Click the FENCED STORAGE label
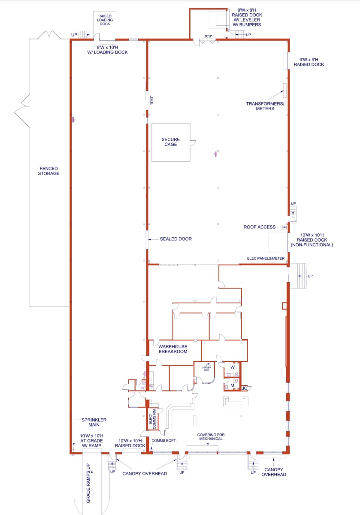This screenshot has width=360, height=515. point(49,171)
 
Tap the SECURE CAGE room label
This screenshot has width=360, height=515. point(171,142)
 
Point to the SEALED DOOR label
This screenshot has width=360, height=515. point(176,239)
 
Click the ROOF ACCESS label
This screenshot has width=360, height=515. point(260,227)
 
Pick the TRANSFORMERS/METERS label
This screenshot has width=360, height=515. point(265,106)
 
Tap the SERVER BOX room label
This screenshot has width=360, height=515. point(206,368)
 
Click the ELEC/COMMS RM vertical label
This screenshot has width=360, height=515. point(152,417)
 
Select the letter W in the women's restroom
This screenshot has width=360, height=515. point(233,367)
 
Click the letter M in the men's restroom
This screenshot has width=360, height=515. point(232,385)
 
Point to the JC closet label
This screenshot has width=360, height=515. point(244,388)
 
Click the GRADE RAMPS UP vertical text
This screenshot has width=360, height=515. point(88,483)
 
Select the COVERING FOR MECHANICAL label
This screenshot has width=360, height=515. point(211,437)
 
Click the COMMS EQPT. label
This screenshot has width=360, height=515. point(164,441)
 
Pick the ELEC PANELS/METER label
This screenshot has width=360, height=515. point(266,258)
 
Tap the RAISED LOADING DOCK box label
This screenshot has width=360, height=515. point(105,20)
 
